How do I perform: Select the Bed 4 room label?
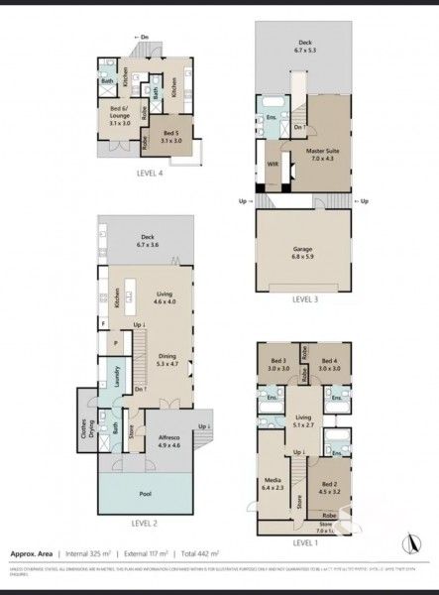click(330, 364)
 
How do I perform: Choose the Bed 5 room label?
click(171, 136)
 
